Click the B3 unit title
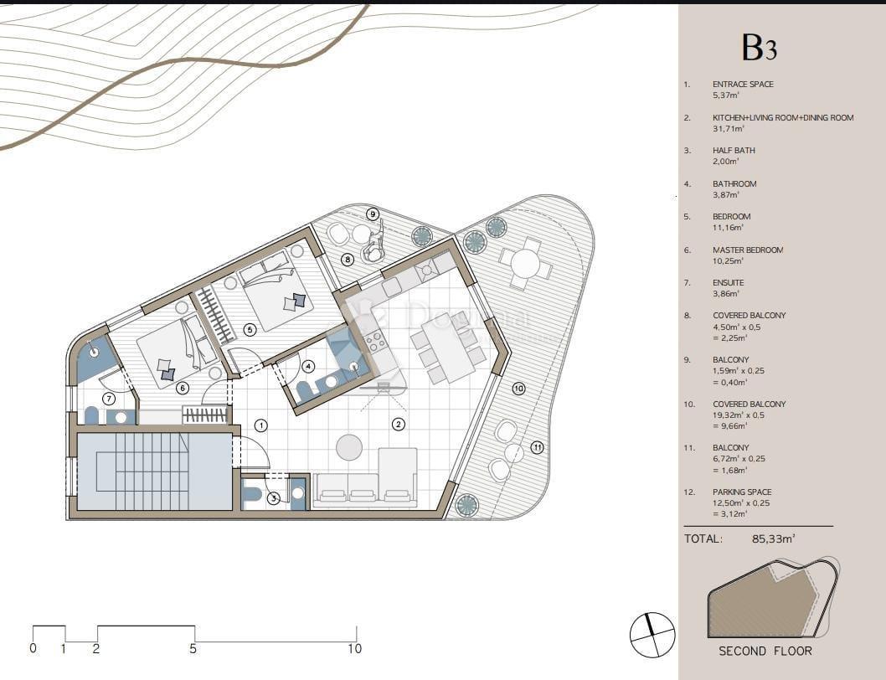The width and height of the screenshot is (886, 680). (x=759, y=48)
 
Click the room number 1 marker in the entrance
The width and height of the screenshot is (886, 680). (x=261, y=425)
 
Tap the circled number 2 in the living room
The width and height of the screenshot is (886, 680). (x=399, y=424)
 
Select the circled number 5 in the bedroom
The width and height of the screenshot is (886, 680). (x=250, y=330)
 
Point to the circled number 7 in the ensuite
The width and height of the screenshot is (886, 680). (x=108, y=399)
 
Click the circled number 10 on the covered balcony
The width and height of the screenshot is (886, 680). (x=518, y=389)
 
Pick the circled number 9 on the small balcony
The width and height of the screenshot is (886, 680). (x=373, y=214)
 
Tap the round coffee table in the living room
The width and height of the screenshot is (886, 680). (x=349, y=447)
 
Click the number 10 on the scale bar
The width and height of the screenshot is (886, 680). (x=354, y=648)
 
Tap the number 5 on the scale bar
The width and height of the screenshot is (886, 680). (x=193, y=648)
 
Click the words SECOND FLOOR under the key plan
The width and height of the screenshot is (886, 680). (x=765, y=651)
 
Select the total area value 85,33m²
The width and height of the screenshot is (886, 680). (x=773, y=539)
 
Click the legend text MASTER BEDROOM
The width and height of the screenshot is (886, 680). (x=748, y=250)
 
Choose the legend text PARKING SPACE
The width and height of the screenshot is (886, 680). (x=742, y=492)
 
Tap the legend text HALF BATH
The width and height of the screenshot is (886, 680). (x=734, y=151)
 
